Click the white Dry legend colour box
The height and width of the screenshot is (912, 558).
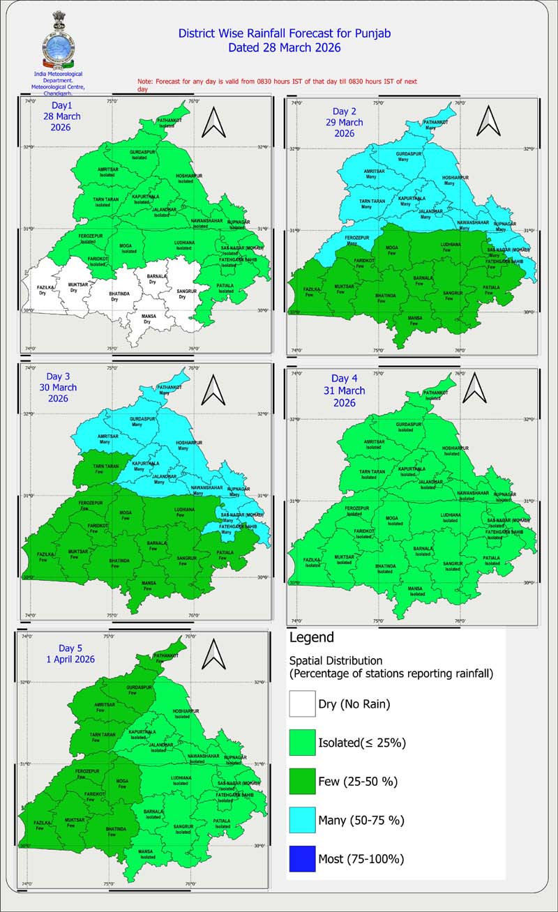pyautogui.click(x=302, y=704)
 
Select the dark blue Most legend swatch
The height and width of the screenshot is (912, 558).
pyautogui.click(x=302, y=858)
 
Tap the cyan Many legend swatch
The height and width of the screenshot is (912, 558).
pyautogui.click(x=302, y=820)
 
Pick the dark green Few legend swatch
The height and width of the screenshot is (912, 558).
pyautogui.click(x=302, y=781)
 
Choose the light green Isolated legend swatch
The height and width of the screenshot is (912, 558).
pyautogui.click(x=302, y=743)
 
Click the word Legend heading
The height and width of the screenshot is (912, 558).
pyautogui.click(x=311, y=638)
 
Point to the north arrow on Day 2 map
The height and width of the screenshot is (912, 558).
pyautogui.click(x=487, y=121)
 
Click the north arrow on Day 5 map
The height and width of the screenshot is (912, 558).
pyautogui.click(x=213, y=655)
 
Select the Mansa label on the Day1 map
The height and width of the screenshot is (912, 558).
pyautogui.click(x=147, y=319)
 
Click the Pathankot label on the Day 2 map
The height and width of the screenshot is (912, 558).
pyautogui.click(x=438, y=123)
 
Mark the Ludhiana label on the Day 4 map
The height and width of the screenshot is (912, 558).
pyautogui.click(x=451, y=517)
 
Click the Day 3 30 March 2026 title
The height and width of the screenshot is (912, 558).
pyautogui.click(x=58, y=387)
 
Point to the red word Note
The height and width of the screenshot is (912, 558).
pyautogui.click(x=144, y=82)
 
